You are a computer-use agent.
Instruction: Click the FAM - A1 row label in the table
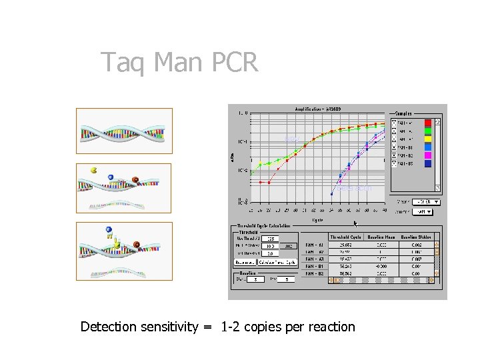coord(315,245)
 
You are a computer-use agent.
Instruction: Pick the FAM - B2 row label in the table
coord(315,273)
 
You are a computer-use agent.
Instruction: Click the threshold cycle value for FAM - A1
coord(345,245)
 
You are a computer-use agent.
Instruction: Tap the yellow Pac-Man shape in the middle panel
coord(94,171)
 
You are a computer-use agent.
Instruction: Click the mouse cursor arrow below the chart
coord(355,224)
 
